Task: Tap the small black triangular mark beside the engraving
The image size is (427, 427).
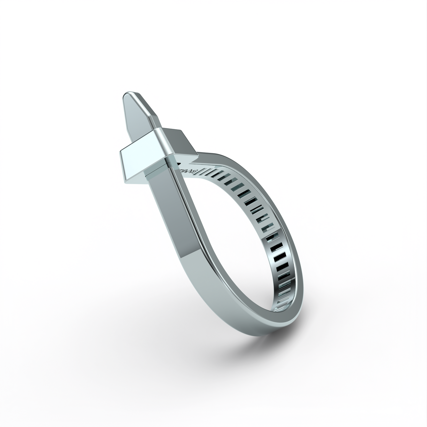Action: coord(179,163)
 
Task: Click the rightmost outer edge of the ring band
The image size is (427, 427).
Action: coord(302,266)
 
